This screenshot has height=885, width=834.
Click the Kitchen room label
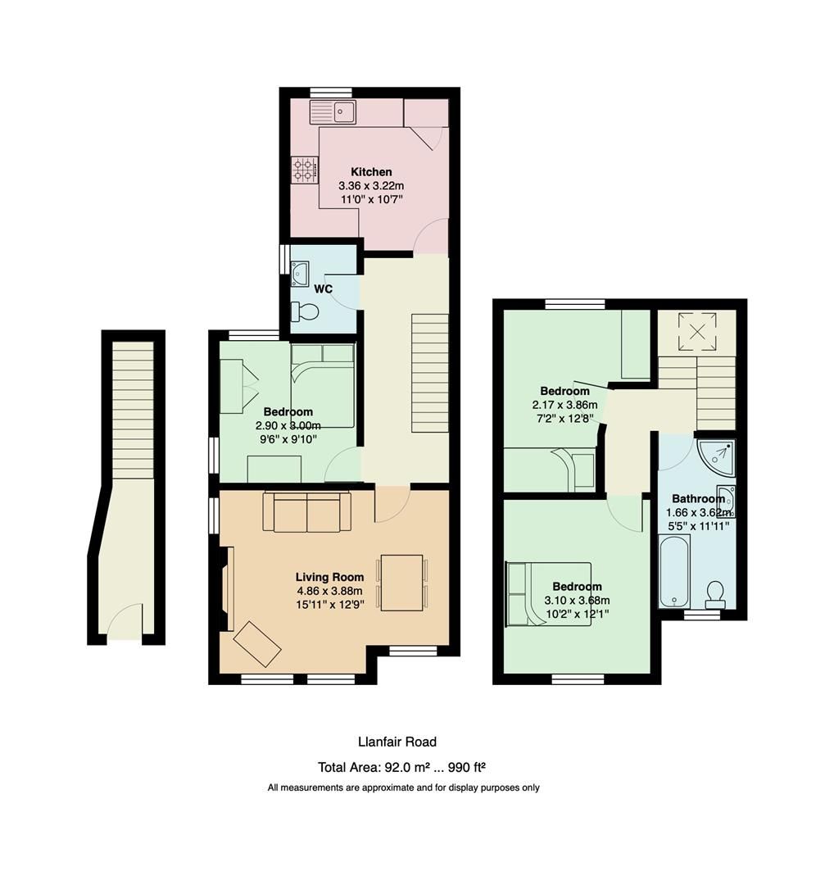click(371, 172)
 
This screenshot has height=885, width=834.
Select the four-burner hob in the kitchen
click(304, 170)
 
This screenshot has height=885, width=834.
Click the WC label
click(323, 289)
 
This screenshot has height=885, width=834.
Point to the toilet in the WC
click(306, 311)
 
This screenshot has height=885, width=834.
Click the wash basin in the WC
click(299, 273)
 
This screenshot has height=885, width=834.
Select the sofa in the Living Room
click(306, 512)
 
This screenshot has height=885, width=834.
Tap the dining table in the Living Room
click(401, 583)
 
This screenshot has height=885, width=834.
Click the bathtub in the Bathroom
click(675, 570)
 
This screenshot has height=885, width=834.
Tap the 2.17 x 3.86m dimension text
click(565, 405)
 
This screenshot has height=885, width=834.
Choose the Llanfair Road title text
click(397, 742)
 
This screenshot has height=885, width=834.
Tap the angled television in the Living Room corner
click(257, 644)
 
